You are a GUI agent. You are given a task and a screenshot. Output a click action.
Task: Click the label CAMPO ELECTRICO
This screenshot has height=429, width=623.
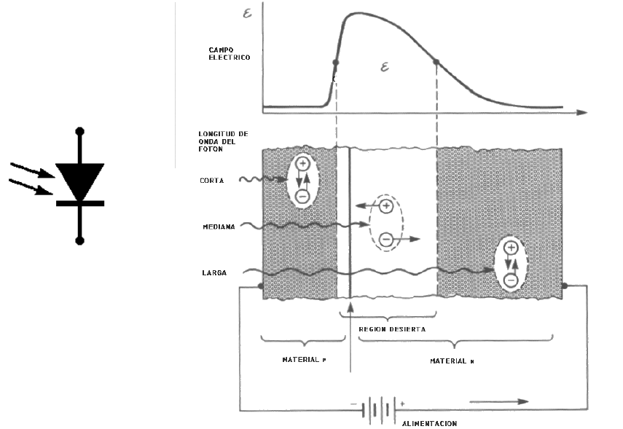coord(225,53)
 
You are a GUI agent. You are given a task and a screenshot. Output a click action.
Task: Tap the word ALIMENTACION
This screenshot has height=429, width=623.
coord(430,423)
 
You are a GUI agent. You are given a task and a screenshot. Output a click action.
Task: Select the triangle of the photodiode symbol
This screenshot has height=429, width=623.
coord(80,179)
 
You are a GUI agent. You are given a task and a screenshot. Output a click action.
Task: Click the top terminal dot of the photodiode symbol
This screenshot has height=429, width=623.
coord(80,132)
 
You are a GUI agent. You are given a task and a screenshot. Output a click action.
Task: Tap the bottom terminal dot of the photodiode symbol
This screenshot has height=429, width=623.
coord(80,240)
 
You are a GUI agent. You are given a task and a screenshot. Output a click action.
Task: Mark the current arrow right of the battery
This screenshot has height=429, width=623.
coord(499,401)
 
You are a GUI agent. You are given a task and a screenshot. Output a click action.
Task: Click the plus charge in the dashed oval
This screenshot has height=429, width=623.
coord(387,207)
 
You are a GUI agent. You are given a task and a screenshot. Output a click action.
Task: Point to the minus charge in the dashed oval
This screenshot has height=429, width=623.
coord(387,239)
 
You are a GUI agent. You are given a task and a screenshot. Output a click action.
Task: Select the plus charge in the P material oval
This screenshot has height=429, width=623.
coord(303,165)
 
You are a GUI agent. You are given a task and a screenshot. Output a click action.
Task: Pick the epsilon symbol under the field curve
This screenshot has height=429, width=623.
coord(385,68)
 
